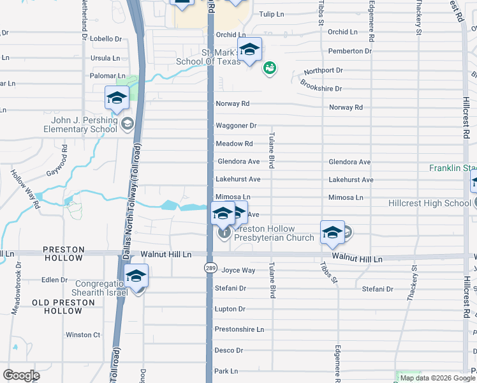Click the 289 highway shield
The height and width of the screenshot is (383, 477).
pos(209,269)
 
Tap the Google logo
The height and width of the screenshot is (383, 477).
pos(22,375)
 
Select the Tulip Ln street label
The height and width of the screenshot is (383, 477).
pos(271,14)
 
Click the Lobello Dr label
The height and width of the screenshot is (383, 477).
pos(106,39)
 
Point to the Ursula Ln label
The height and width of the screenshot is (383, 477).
pos(105,58)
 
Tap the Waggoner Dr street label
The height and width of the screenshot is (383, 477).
pos(236,126)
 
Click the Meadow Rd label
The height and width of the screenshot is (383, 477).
pos(234,144)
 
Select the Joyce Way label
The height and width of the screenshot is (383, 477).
pos(238,270)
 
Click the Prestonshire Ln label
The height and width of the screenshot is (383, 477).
pos(239,329)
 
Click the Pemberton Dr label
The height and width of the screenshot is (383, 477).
pos(349,51)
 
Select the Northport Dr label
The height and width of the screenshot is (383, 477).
pos(323,70)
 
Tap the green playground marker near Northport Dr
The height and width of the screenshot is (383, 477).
pos(269,67)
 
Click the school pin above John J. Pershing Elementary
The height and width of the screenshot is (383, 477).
pos(117,98)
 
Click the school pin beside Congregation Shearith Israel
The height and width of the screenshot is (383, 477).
pos(135,276)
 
